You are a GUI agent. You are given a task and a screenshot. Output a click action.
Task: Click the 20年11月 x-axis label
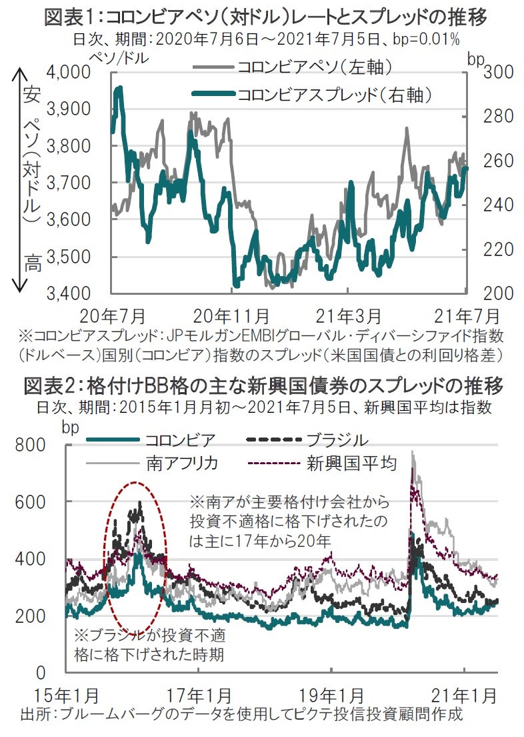pyautogui.click(x=231, y=314)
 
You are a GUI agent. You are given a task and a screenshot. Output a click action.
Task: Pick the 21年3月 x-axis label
pyautogui.click(x=348, y=314)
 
